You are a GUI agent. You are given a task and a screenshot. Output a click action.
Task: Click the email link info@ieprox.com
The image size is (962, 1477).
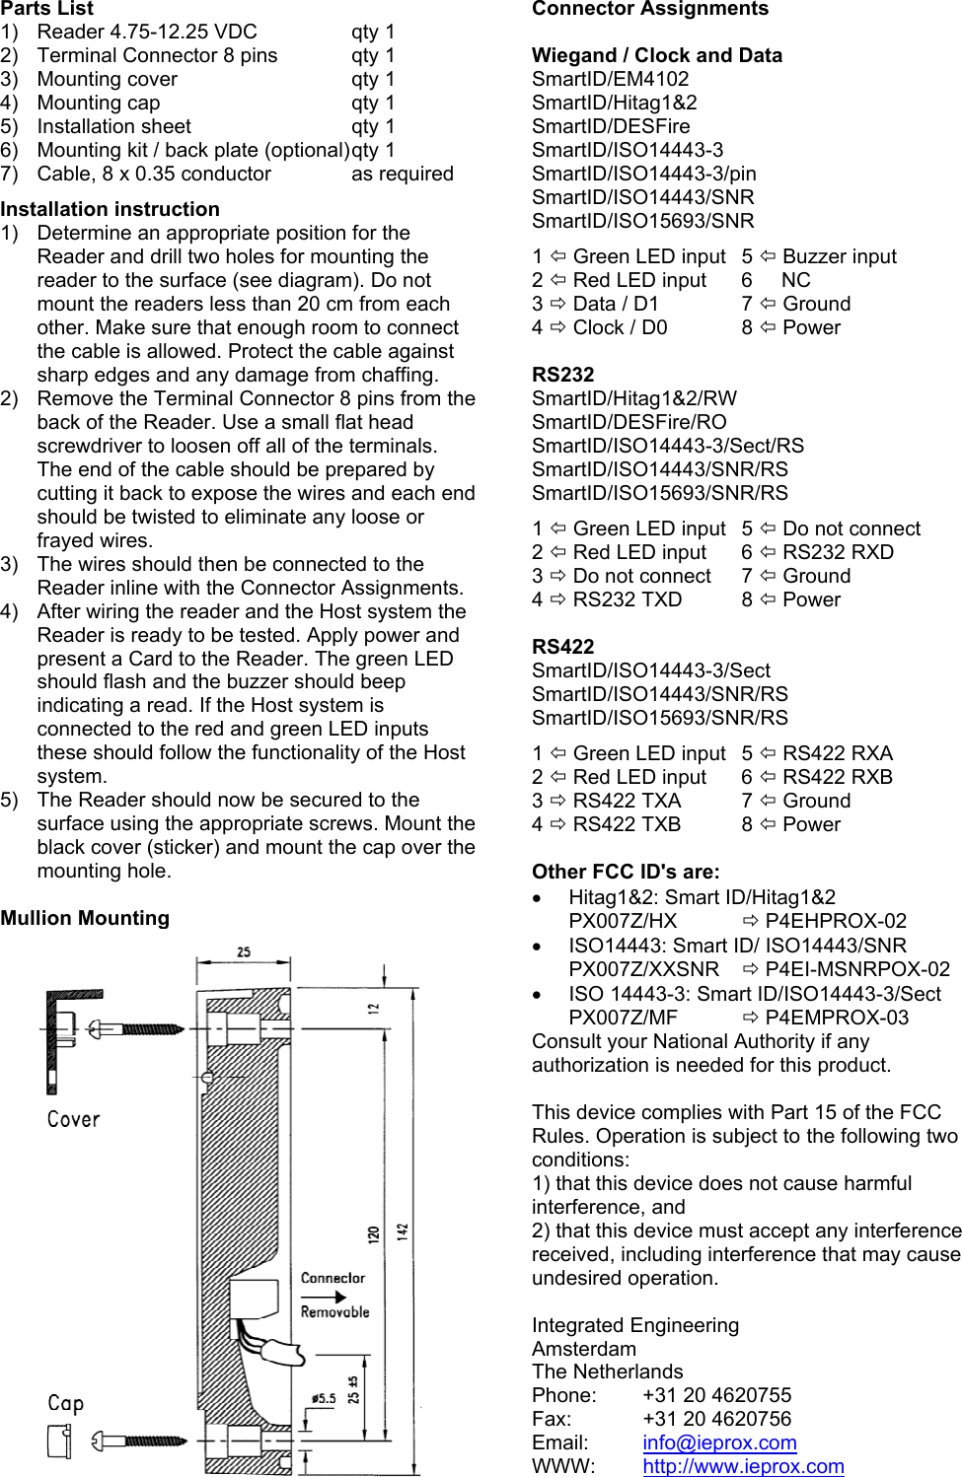point(719,1442)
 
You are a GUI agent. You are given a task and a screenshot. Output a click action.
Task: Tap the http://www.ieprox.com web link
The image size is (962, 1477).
point(743,1466)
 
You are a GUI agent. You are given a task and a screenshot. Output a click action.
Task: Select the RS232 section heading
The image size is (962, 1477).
point(562,375)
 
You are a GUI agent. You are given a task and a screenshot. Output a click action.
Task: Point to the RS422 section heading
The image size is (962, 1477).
point(562,647)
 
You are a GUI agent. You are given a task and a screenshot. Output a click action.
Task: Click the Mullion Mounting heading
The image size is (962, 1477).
point(85,918)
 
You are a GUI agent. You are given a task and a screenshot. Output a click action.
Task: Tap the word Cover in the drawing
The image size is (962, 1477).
point(73,1119)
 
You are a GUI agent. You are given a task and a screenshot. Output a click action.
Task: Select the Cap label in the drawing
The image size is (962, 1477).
point(65,1403)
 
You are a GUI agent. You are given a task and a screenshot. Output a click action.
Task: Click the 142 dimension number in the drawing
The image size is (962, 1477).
point(403,1231)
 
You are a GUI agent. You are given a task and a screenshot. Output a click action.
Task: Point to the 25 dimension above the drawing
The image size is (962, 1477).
point(244,952)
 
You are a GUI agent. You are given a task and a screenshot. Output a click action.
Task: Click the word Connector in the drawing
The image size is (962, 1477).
point(333,1278)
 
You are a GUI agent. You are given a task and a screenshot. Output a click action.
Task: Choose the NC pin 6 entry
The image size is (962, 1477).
point(795,280)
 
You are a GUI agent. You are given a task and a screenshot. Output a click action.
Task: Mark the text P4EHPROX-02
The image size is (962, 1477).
point(835,921)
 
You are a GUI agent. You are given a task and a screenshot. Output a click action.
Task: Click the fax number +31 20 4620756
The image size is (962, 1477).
point(716,1419)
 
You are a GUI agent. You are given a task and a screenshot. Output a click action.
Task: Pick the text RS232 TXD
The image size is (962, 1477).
point(627,599)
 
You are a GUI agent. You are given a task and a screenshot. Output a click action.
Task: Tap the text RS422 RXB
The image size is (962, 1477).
point(837,777)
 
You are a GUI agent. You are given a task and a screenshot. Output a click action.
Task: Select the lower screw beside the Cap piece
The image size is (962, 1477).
point(138,1441)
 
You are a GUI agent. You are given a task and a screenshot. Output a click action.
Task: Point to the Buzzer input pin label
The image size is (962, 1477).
point(839,256)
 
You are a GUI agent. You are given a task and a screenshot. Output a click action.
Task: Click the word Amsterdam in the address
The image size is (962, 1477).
point(584,1349)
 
